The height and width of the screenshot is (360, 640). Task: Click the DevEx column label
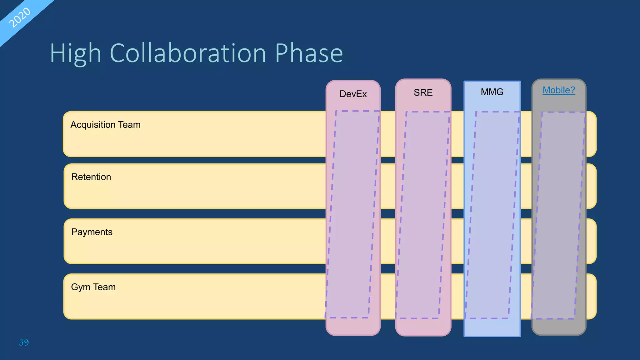353,94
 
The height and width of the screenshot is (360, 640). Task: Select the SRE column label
423,92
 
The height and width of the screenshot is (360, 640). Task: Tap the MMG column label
492,92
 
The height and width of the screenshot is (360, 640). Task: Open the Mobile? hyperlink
559,90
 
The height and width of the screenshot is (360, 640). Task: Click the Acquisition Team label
105,125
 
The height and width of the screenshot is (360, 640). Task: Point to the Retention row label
91,177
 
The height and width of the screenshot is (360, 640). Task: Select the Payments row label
92,232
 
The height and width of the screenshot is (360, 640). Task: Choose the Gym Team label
93,287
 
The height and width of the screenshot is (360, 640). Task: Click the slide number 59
24,342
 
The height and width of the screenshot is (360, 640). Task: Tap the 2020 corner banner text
20,17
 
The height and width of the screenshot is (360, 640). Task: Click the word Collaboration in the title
188,53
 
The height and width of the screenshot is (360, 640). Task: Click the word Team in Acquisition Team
129,125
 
